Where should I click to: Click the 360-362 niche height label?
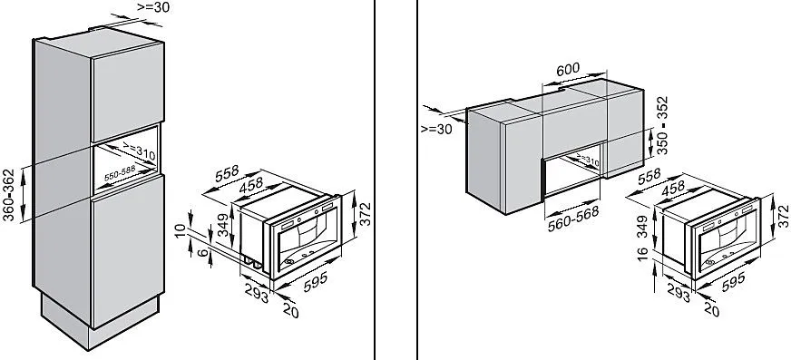pyautogui.click(x=8, y=196)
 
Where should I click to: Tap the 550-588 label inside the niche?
pyautogui.click(x=120, y=173)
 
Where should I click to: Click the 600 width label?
pyautogui.click(x=568, y=69)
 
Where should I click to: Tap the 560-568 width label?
pyautogui.click(x=574, y=219)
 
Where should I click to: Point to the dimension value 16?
pyautogui.click(x=642, y=253)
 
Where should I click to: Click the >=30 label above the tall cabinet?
pyautogui.click(x=153, y=7)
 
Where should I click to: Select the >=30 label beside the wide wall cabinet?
pyautogui.click(x=437, y=129)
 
